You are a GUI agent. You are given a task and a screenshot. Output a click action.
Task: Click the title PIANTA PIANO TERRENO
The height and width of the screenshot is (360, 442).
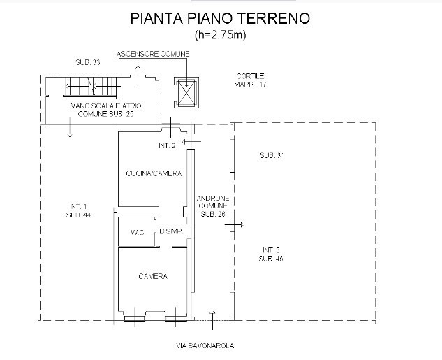tap(220, 18)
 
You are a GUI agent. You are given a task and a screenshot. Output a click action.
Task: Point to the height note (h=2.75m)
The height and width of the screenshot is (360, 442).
tap(220, 35)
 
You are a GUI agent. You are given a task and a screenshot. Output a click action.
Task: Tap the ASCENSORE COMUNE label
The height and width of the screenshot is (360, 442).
tap(153, 54)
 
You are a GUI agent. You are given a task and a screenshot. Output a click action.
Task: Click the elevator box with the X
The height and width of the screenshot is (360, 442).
tap(186, 92)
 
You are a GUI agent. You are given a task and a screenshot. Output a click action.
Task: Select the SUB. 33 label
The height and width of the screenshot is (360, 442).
tap(88, 62)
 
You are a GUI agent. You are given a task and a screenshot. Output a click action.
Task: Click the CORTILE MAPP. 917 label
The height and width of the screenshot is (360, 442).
tap(250, 80)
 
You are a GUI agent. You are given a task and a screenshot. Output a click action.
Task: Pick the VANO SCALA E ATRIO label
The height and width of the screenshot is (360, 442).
tap(106, 106)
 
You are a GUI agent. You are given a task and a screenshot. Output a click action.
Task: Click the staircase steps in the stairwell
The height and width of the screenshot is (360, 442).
tap(93, 86)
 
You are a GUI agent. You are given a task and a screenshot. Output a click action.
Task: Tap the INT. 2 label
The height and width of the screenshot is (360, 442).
tap(167, 146)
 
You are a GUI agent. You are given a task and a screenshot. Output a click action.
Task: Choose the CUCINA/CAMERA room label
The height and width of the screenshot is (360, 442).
tap(154, 173)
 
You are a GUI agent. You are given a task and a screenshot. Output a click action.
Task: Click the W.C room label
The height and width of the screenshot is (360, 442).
tap(138, 233)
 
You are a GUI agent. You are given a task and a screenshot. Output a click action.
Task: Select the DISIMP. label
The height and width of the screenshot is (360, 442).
tap(171, 231)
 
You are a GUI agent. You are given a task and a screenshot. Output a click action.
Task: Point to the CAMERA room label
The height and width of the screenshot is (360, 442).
tap(153, 276)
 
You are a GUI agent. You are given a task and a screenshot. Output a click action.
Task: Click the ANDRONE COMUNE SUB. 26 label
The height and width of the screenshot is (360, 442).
tap(213, 206)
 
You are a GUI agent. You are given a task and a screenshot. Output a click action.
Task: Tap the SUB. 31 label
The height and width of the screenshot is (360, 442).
tap(272, 155)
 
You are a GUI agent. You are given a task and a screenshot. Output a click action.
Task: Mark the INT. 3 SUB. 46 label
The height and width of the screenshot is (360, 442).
tap(271, 254)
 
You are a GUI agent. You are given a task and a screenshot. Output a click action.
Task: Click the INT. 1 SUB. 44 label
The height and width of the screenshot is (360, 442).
tap(78, 210)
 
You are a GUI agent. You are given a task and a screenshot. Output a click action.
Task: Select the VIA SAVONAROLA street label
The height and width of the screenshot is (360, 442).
tap(205, 345)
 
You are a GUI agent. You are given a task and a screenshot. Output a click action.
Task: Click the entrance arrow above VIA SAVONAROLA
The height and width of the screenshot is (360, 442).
tap(212, 320)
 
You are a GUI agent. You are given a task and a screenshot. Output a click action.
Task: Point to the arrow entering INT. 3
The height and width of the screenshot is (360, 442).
tap(234, 225)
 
